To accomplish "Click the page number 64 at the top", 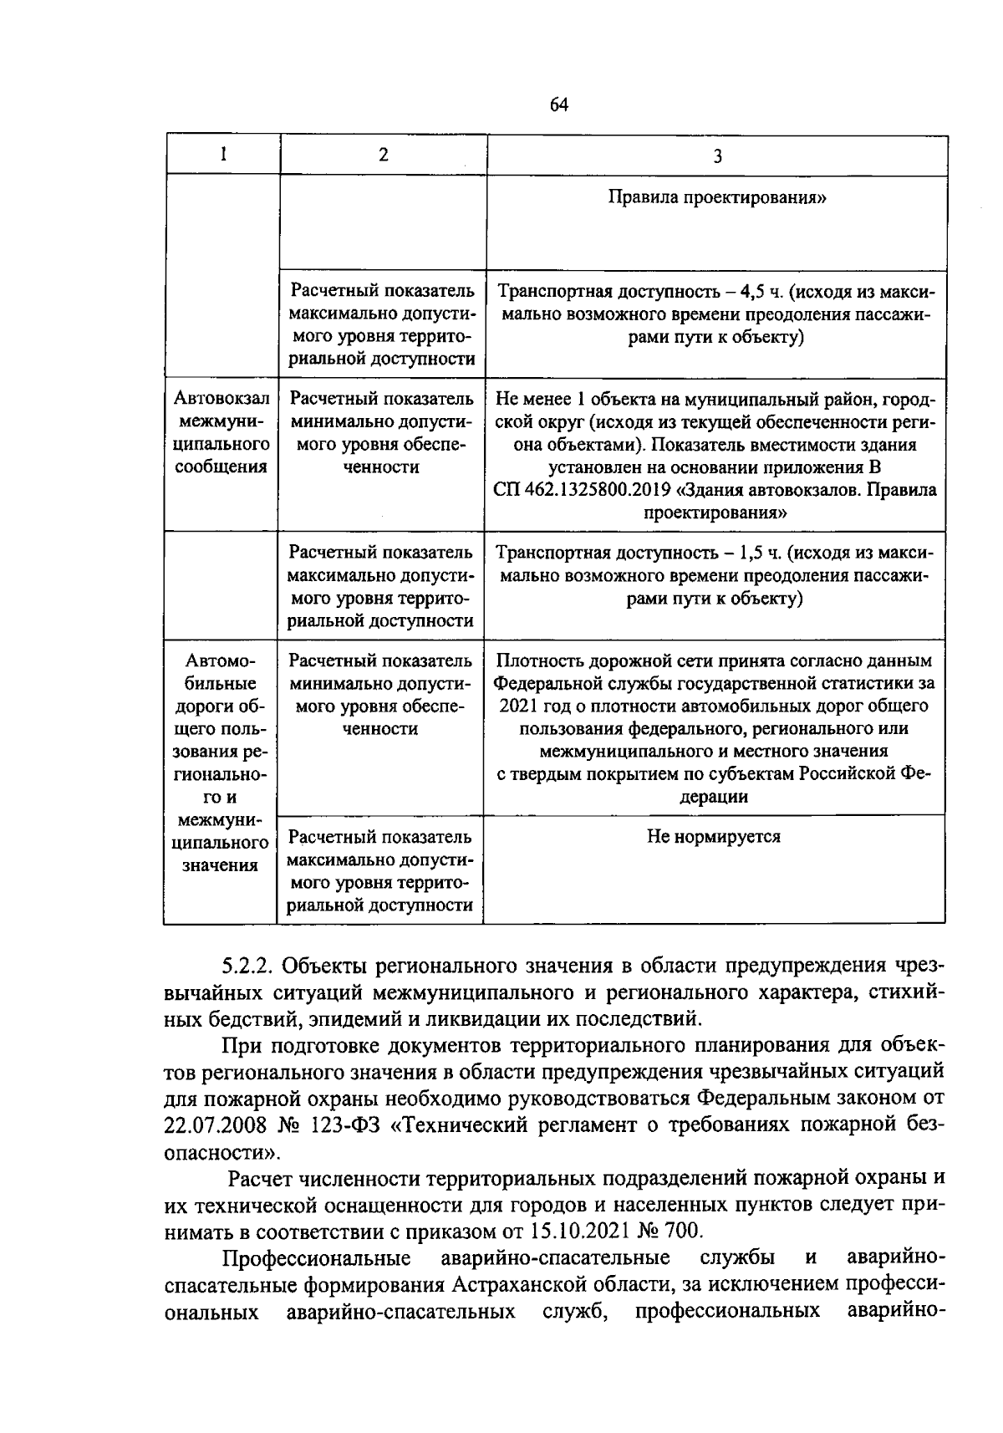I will coord(558,105).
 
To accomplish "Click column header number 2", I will coord(383,155).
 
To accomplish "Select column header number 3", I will coord(717,156).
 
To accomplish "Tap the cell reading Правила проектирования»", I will coord(717,198).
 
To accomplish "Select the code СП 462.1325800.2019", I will coord(577,490).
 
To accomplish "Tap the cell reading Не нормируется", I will coord(714,836).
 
